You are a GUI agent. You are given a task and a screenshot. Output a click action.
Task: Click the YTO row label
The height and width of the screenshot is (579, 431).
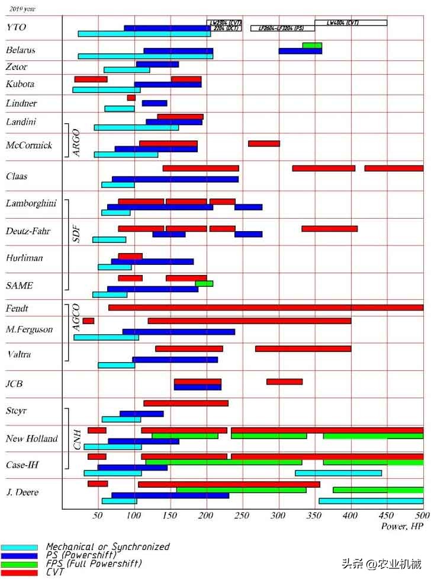(17, 27)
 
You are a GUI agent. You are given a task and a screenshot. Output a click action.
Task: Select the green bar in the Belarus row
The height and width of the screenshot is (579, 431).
(312, 45)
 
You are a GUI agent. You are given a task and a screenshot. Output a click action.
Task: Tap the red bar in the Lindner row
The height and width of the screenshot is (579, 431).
(131, 97)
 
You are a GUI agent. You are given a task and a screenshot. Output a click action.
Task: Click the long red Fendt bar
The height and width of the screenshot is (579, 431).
(266, 307)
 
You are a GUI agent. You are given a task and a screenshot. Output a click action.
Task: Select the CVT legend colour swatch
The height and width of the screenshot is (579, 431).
(19, 572)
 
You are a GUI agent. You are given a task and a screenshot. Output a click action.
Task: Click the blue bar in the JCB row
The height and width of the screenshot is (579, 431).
(197, 387)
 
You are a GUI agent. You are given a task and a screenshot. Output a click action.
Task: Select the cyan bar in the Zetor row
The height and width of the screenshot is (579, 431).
(127, 70)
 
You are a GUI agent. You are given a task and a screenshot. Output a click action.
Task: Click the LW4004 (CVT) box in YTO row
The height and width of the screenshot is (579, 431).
(350, 23)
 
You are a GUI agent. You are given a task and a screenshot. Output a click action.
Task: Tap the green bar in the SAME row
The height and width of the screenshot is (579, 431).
(204, 283)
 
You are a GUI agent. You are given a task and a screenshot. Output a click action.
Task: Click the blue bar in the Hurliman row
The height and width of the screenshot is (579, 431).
(152, 261)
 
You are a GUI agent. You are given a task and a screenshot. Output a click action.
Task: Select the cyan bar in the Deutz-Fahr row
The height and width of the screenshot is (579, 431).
(109, 239)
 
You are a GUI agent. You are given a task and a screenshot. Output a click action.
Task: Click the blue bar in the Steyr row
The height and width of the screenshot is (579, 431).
(141, 414)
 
